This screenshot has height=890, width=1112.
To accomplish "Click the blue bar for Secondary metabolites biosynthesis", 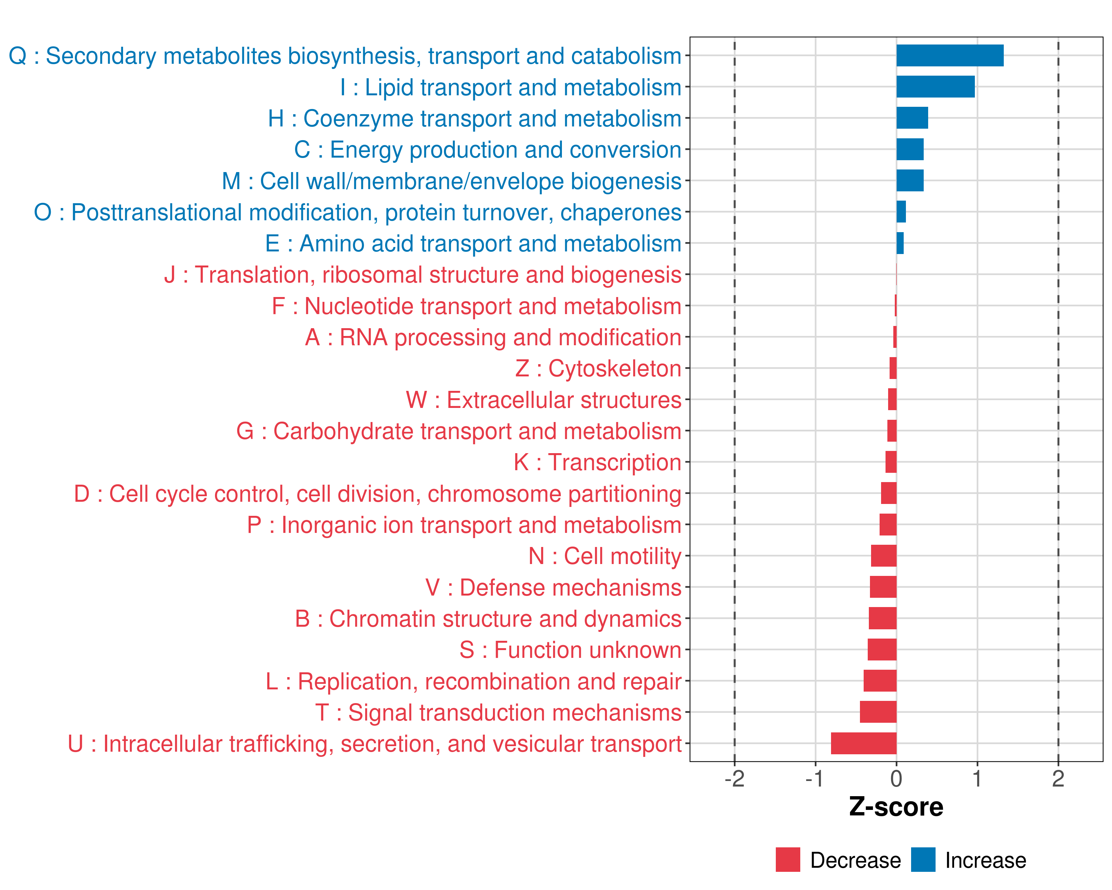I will tap(950, 56).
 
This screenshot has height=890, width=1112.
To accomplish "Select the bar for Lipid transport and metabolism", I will tap(935, 87).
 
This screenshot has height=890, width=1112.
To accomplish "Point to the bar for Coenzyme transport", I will tap(912, 118).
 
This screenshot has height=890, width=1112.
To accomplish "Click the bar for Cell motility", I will tap(884, 556).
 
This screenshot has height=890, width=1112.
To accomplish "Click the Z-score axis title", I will tap(896, 807).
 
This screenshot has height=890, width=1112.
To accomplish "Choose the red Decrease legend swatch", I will tap(788, 860).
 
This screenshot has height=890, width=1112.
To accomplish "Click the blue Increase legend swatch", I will tap(923, 860).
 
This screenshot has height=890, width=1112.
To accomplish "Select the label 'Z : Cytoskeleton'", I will tap(598, 368).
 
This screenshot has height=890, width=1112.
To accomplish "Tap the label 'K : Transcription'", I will tap(597, 462).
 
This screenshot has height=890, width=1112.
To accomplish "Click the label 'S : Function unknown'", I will tap(570, 650).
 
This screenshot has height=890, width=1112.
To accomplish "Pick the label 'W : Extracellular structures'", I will tap(544, 400).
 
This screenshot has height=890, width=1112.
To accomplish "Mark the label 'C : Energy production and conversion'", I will tap(488, 149).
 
